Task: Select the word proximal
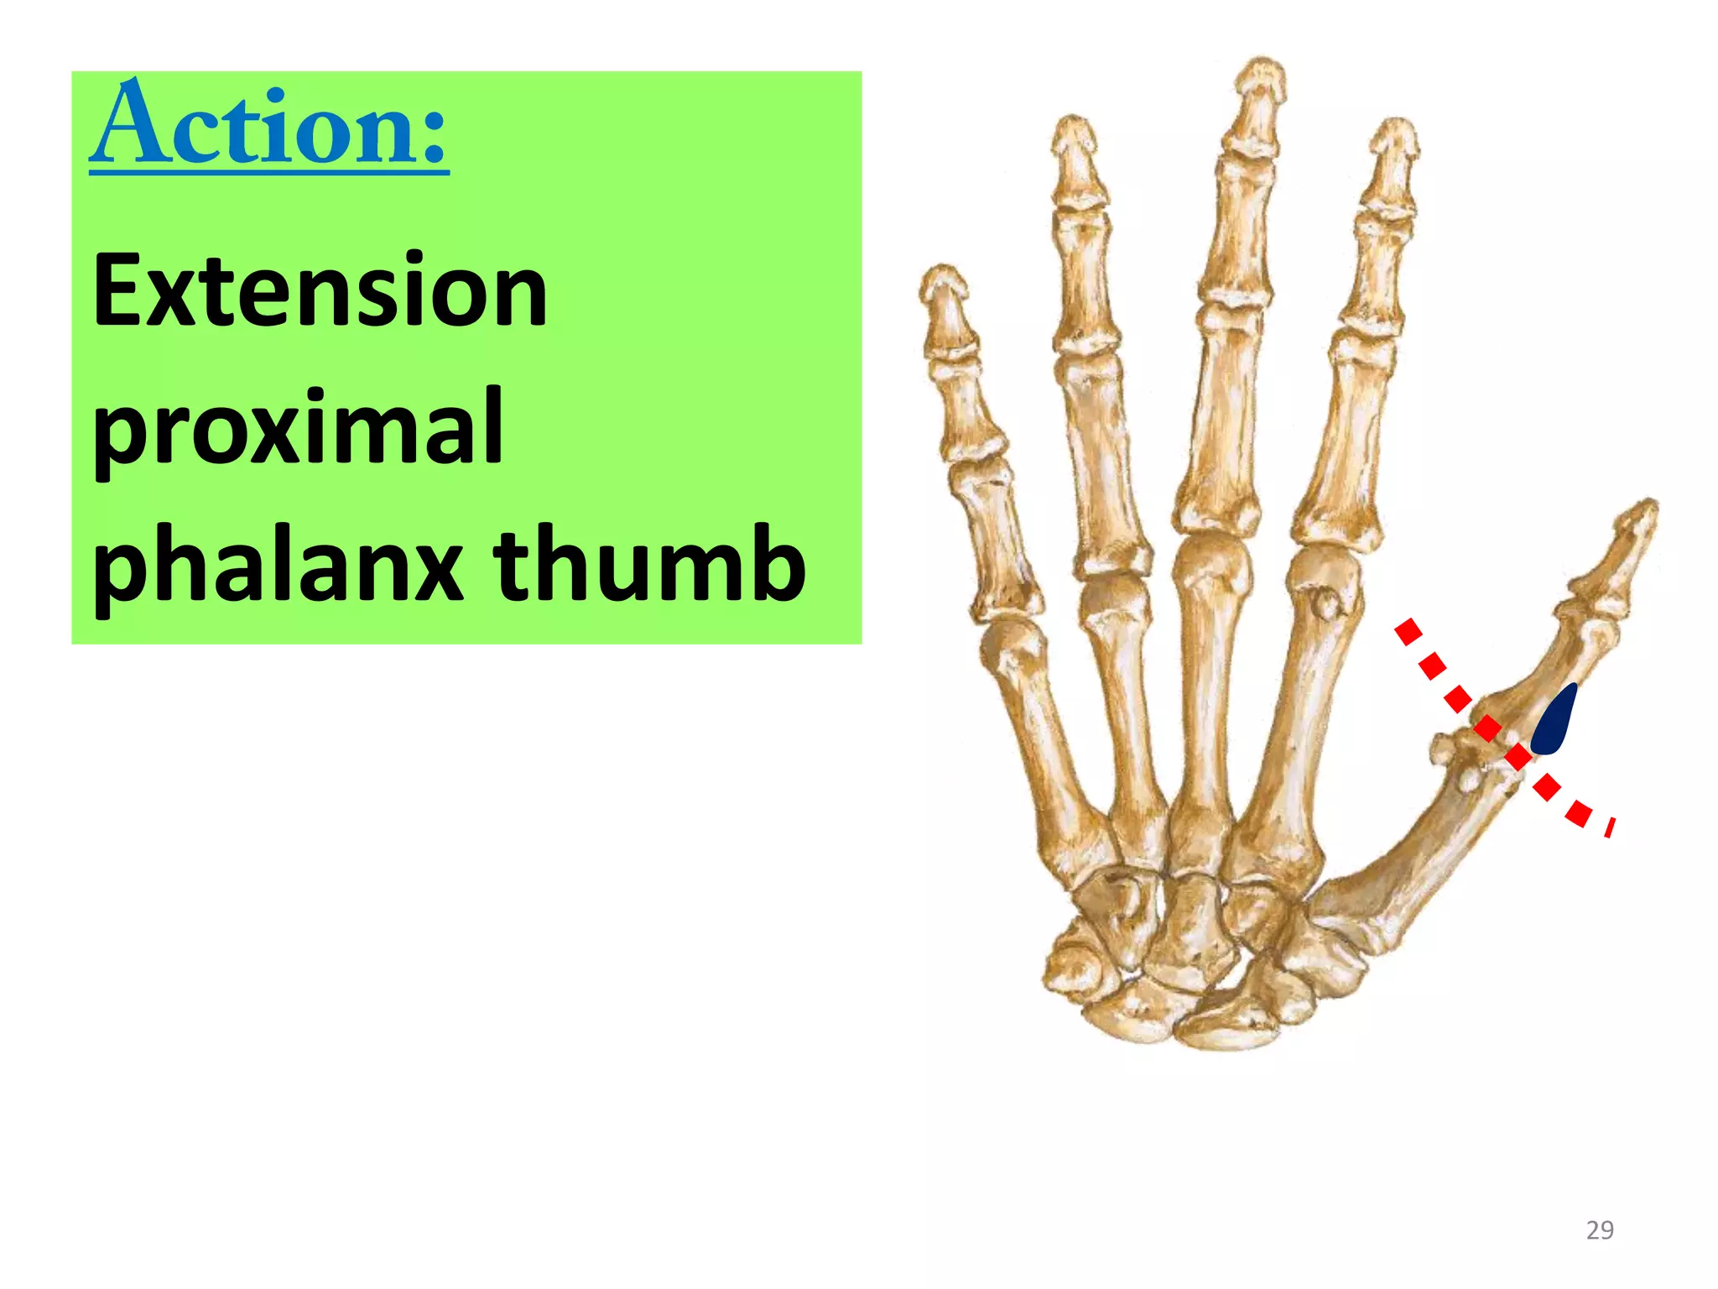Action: coord(298,428)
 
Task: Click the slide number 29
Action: coord(1600,1230)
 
